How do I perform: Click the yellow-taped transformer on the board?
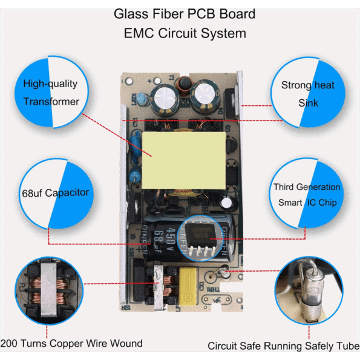(x=184, y=160)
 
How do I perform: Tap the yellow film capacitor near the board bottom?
(x=188, y=286)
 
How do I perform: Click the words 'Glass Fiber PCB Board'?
(x=185, y=14)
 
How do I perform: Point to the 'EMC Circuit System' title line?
(x=185, y=33)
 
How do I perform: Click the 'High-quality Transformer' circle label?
(x=51, y=93)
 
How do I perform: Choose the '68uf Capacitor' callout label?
(x=55, y=193)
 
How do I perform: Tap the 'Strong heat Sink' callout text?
(x=307, y=94)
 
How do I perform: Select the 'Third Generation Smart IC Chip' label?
(x=307, y=195)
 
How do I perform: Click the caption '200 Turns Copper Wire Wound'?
(x=71, y=344)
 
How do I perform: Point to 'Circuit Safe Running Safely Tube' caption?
(x=284, y=346)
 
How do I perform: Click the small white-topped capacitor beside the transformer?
(x=227, y=203)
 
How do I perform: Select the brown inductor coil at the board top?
(x=184, y=86)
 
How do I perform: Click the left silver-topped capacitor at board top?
(x=164, y=99)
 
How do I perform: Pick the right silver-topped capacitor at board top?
(x=205, y=95)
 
